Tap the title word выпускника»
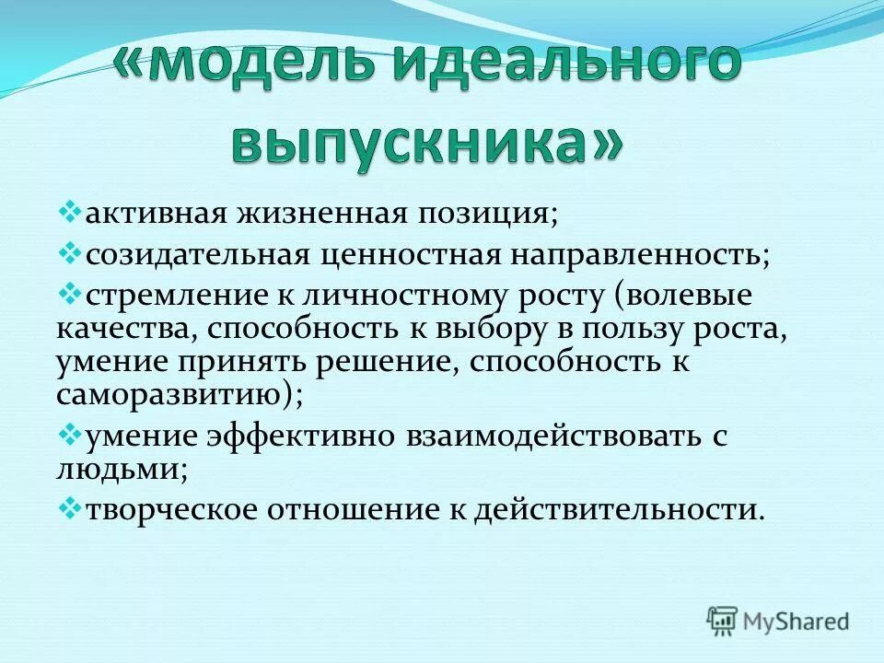425,144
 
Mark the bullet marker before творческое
71,507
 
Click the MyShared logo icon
723,621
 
